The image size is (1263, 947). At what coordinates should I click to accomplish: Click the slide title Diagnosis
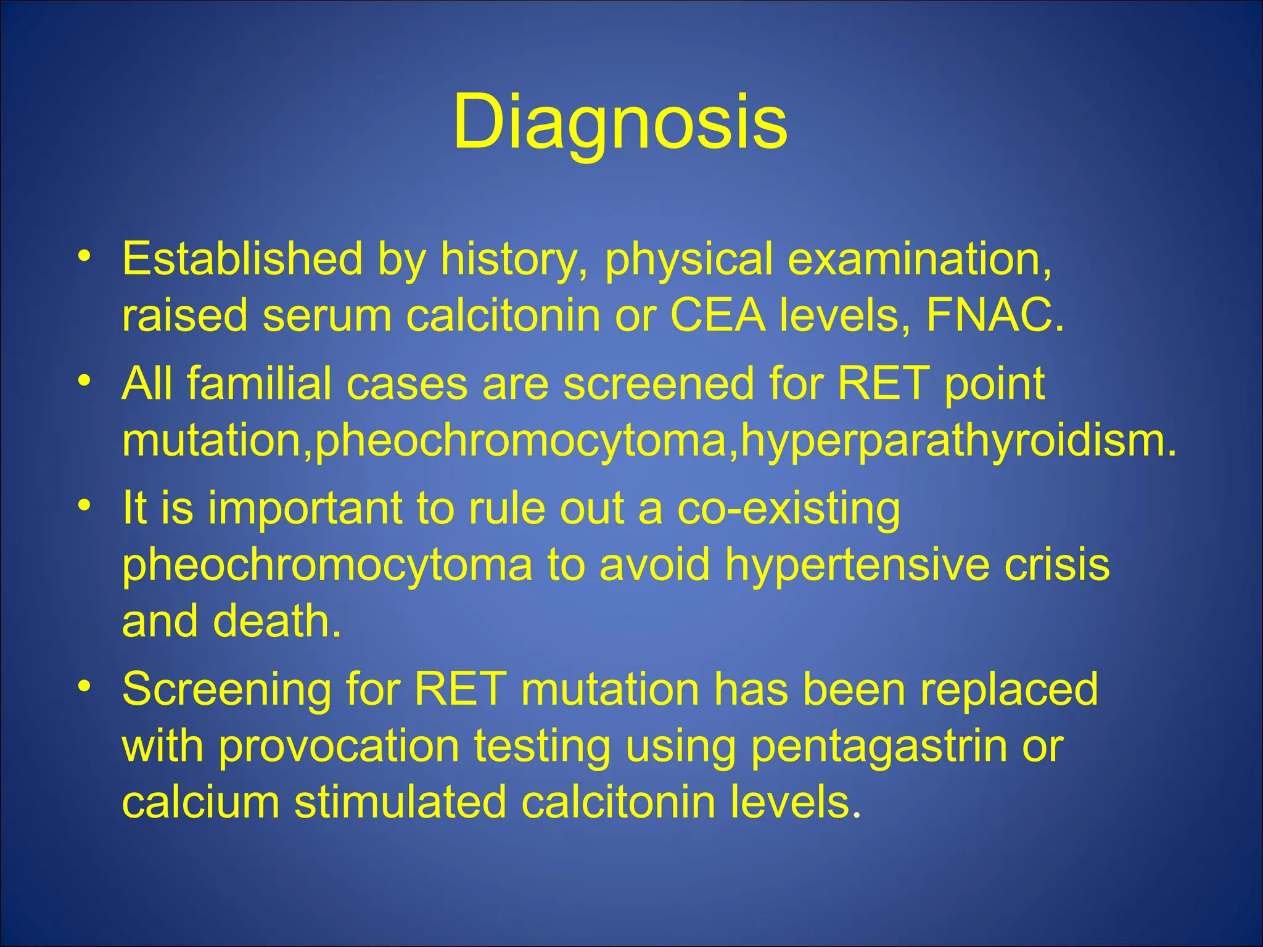[x=620, y=121]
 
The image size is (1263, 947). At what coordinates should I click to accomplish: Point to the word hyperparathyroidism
[x=957, y=441]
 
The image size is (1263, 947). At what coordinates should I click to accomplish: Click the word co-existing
[x=788, y=508]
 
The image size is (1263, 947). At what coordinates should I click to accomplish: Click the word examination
[x=920, y=259]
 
